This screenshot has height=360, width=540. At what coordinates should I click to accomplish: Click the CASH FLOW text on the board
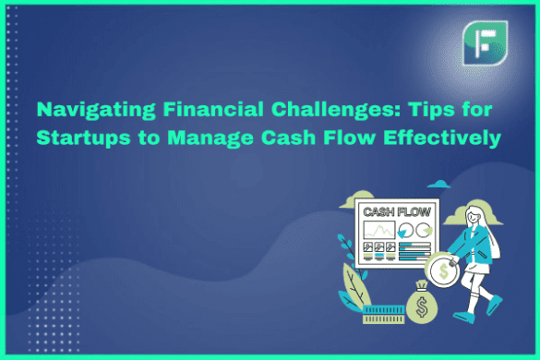coord(390,211)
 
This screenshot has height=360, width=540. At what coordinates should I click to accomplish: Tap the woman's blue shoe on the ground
coord(493,306)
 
